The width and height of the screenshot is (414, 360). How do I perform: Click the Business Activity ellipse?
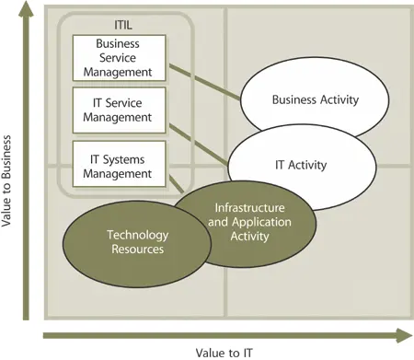[x=315, y=99]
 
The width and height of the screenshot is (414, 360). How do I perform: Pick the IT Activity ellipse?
[x=301, y=165]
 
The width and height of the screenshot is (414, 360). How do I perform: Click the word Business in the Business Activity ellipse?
[x=293, y=99]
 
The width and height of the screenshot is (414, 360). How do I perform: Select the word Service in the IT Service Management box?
[x=138, y=102]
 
